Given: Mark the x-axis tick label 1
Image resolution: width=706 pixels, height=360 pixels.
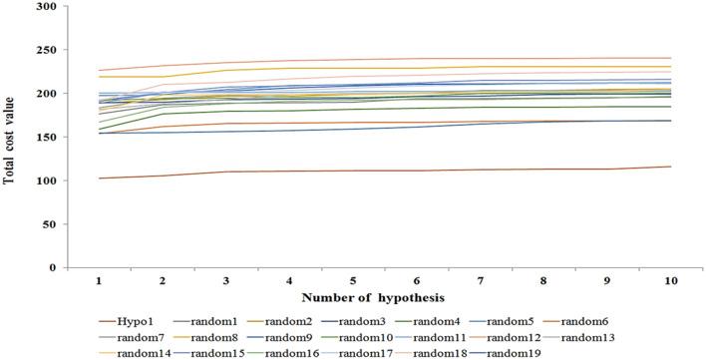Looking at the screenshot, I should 100,282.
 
